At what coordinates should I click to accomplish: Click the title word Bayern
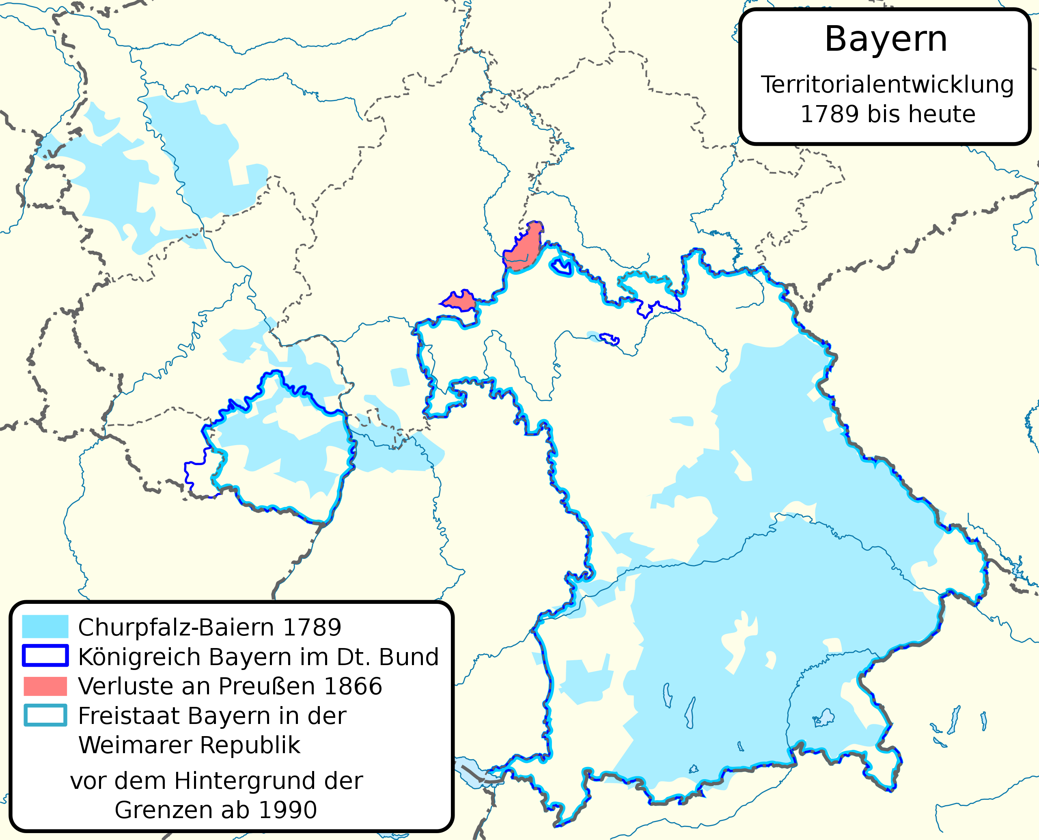pos(886,40)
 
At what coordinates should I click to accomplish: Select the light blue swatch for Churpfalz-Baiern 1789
pos(45,627)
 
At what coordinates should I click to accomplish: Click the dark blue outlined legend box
pos(45,656)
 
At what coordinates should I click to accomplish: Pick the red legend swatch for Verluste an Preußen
pos(45,686)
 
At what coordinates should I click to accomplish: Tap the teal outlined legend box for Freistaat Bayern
pos(45,715)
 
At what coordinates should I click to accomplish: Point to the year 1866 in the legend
pos(353,687)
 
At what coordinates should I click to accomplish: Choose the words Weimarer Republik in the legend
pos(189,745)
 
